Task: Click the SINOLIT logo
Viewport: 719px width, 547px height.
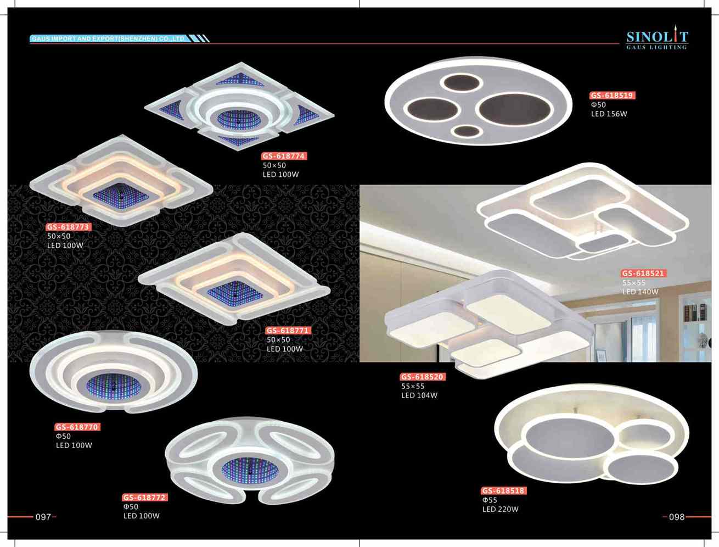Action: click(x=657, y=37)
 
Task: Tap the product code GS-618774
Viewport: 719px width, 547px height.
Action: click(x=284, y=156)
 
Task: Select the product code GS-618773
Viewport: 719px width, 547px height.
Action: click(x=69, y=227)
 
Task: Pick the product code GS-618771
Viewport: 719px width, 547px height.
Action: click(x=288, y=331)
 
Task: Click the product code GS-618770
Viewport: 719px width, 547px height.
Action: click(x=77, y=427)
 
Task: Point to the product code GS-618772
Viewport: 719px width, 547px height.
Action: click(x=145, y=498)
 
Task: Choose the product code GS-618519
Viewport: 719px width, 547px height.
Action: click(x=613, y=96)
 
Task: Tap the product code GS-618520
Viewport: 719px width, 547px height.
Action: click(x=423, y=377)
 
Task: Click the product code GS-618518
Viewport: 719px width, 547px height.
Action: click(x=504, y=490)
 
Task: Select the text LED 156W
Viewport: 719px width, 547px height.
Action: click(x=609, y=114)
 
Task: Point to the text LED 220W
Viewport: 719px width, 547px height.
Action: click(x=500, y=509)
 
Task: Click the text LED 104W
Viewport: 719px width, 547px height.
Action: click(x=419, y=395)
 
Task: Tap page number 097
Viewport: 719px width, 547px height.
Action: click(x=43, y=517)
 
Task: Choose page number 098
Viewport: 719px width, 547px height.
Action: click(x=677, y=517)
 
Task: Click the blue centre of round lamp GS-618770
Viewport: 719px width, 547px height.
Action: click(x=114, y=387)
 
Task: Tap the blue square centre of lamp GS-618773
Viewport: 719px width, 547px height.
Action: click(x=121, y=196)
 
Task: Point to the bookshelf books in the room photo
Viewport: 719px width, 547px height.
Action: click(x=695, y=312)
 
